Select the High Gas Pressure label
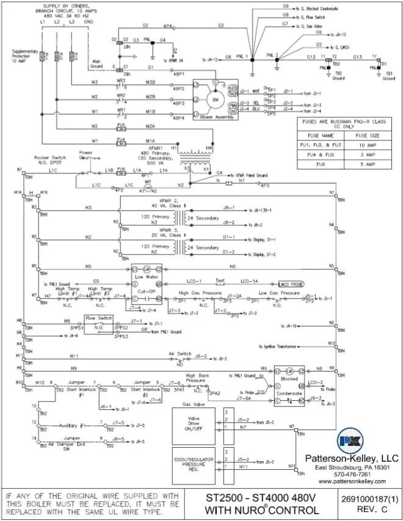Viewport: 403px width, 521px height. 200,293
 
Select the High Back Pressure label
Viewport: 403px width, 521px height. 199,379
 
